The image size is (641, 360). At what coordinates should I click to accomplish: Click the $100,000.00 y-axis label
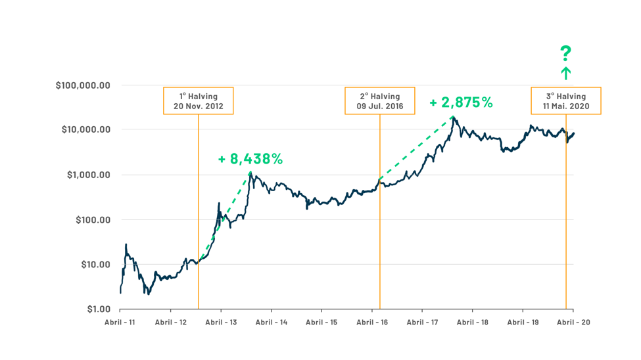tap(83, 85)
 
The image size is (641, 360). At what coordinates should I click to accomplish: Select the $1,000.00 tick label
tap(88, 175)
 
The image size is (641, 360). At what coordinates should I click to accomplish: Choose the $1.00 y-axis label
tap(97, 309)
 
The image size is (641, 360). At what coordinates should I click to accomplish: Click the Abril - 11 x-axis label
tap(120, 323)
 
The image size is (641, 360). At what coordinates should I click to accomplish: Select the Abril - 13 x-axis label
tap(221, 323)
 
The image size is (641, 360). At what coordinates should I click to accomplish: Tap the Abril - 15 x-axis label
tap(321, 323)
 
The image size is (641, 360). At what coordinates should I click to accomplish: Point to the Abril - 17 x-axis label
tap(422, 323)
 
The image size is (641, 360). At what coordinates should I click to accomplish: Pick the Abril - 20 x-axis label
tap(573, 323)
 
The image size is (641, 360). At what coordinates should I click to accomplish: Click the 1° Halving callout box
tap(198, 101)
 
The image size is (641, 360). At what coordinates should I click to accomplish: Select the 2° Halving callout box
tap(380, 101)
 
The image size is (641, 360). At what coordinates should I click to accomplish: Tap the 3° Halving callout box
tap(566, 101)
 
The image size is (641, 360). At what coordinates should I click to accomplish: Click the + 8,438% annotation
tap(250, 159)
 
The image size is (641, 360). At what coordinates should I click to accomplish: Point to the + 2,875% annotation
tap(461, 102)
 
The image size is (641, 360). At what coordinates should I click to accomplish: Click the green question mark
tap(565, 53)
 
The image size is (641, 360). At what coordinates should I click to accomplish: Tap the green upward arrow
tap(565, 73)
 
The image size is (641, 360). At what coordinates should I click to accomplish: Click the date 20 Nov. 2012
tap(198, 106)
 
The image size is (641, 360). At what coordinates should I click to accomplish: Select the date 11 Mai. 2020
tap(566, 106)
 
